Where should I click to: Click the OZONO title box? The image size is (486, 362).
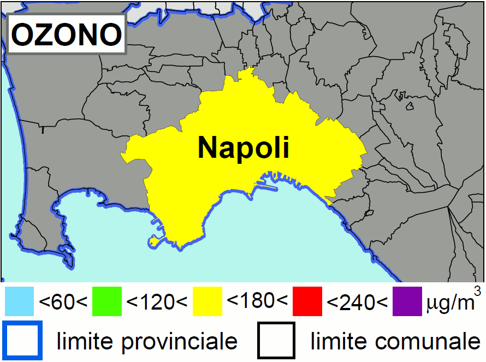[x=67, y=35]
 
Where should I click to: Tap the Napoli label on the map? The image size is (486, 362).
[x=243, y=147]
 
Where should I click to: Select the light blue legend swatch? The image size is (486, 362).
[x=19, y=301]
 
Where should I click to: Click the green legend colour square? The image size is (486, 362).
[x=107, y=301]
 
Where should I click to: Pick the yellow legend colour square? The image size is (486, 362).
[x=207, y=301]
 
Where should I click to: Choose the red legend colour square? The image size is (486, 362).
[x=307, y=301]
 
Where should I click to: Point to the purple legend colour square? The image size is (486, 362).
[x=407, y=301]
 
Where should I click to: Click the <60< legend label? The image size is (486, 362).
[x=63, y=301]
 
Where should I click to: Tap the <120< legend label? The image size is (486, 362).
[x=157, y=301]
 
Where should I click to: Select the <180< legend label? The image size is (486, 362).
[x=257, y=300]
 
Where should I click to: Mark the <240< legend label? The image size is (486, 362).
[x=357, y=301]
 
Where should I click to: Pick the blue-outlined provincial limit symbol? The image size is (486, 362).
[x=22, y=340]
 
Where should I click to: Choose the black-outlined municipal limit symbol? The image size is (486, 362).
[x=277, y=340]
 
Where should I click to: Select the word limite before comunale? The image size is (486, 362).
[x=338, y=341]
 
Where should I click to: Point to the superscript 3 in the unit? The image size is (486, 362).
[x=477, y=291]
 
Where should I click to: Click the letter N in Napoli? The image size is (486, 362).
[x=208, y=147]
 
